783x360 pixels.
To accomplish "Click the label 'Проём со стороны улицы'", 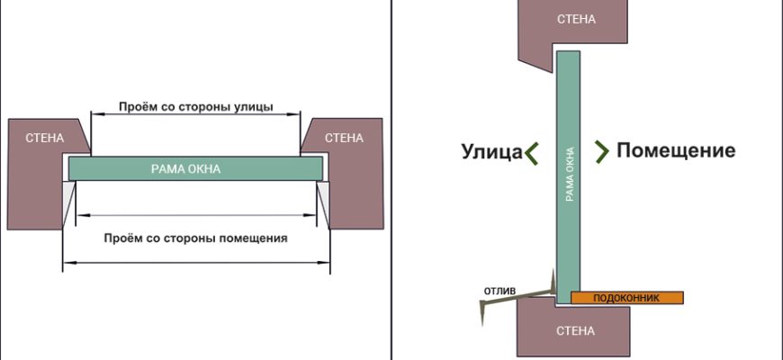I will (x=195, y=105).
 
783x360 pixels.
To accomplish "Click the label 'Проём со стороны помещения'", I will (x=195, y=238).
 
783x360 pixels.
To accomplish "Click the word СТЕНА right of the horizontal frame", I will (x=344, y=138).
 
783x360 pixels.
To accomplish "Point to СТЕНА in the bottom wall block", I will (x=575, y=331).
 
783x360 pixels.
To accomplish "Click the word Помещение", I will (x=676, y=151).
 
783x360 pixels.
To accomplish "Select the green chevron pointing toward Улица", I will (x=533, y=152).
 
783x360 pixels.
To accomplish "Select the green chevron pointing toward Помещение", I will (x=601, y=151).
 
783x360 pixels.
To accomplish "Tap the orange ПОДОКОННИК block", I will (x=627, y=297).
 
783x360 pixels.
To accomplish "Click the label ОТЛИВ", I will (x=499, y=290).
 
